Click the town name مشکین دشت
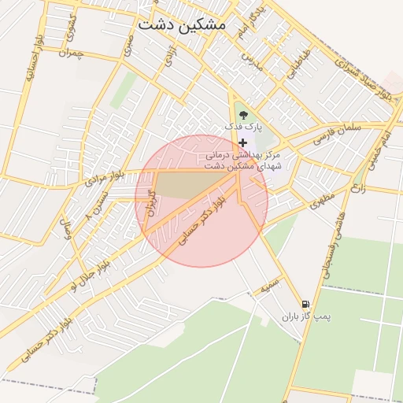(x=181, y=25)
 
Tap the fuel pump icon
(x=305, y=305)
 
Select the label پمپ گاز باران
(x=306, y=317)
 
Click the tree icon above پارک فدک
(x=242, y=114)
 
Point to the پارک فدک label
(x=242, y=126)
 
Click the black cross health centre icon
(x=242, y=142)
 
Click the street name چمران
(x=70, y=54)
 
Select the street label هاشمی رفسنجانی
(x=331, y=241)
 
